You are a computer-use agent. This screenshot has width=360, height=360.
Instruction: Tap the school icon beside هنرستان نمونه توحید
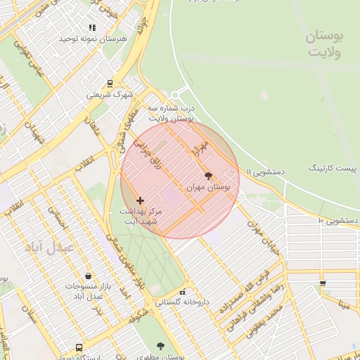(x=92, y=27)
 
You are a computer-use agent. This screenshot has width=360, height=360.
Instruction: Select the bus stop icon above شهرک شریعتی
(x=109, y=83)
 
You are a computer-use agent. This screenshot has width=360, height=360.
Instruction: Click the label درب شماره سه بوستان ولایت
(x=171, y=114)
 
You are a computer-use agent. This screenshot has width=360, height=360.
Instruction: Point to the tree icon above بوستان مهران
(x=207, y=176)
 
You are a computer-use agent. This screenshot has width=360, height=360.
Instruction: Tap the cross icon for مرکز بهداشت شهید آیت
(x=140, y=201)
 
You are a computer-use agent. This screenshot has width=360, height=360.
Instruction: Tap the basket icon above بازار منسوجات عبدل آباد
(x=86, y=276)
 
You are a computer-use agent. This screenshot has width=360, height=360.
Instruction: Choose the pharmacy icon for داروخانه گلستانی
(x=183, y=292)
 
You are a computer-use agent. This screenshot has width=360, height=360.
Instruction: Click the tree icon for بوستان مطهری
(x=160, y=346)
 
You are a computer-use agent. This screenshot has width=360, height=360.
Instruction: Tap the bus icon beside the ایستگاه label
(x=79, y=347)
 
